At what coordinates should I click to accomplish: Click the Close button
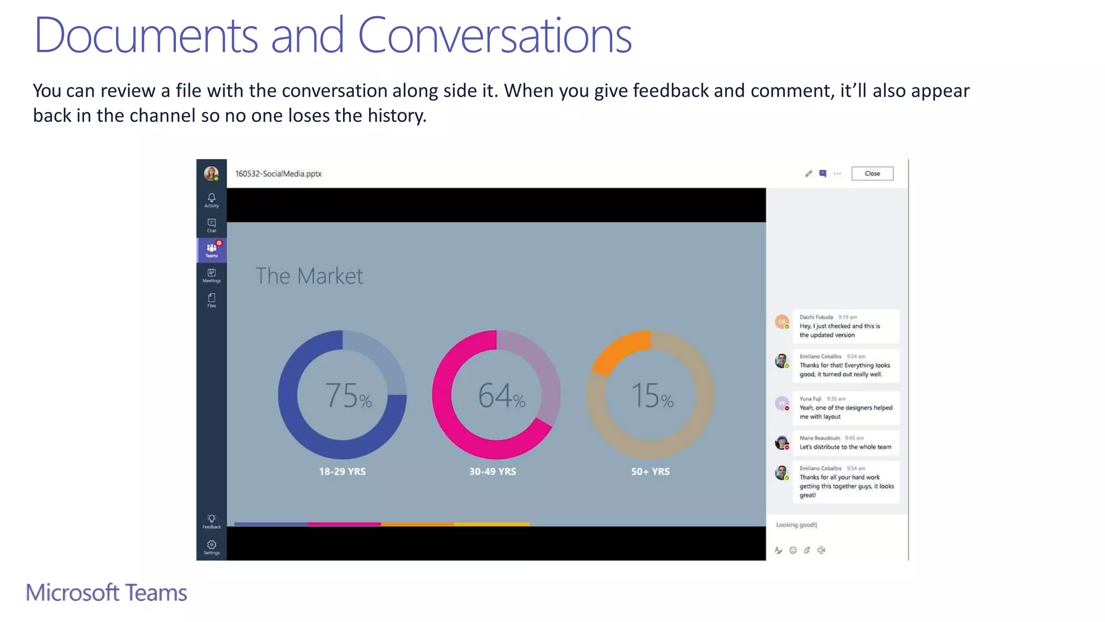[872, 173]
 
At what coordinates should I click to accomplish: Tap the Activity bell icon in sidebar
[212, 198]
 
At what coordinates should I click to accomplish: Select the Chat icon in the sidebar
[212, 224]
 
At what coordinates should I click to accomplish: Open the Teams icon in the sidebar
[212, 249]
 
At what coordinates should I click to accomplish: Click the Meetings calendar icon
[212, 274]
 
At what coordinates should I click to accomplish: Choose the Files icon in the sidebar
[212, 299]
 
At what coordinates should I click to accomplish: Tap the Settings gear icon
[212, 546]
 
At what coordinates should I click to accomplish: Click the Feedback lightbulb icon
[212, 519]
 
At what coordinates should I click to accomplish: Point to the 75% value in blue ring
[348, 395]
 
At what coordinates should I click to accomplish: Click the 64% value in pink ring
[501, 395]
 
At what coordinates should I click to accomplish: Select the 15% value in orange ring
[652, 395]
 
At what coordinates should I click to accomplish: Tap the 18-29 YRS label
[342, 471]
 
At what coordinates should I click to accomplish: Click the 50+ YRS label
[650, 471]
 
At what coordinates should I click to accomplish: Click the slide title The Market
[309, 276]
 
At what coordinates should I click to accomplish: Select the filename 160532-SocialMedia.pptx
[278, 174]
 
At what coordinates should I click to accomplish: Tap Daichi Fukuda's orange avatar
[782, 322]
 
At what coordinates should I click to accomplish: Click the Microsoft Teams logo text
[106, 593]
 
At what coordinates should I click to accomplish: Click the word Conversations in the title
[494, 36]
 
